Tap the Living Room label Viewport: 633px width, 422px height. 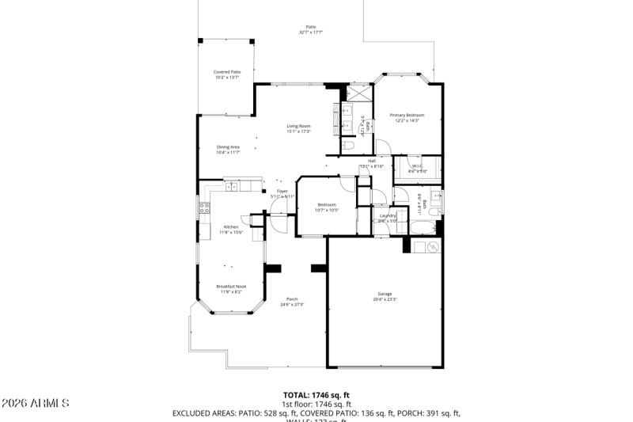click(x=298, y=127)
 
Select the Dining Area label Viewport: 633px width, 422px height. click(x=228, y=146)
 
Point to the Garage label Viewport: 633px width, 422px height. click(x=385, y=294)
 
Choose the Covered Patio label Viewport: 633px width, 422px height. click(x=227, y=72)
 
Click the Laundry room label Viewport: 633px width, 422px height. click(x=388, y=215)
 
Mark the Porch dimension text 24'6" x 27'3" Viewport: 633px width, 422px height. click(x=292, y=304)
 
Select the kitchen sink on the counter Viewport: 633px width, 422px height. click(x=233, y=187)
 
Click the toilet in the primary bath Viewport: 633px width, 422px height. click(x=348, y=147)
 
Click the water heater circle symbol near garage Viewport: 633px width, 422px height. click(x=432, y=247)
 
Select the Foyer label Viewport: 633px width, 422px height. click(x=282, y=191)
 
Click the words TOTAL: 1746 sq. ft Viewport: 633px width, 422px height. click(x=316, y=394)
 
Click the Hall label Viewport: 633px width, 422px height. click(x=371, y=161)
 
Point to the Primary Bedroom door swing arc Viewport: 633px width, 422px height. click(x=382, y=147)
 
